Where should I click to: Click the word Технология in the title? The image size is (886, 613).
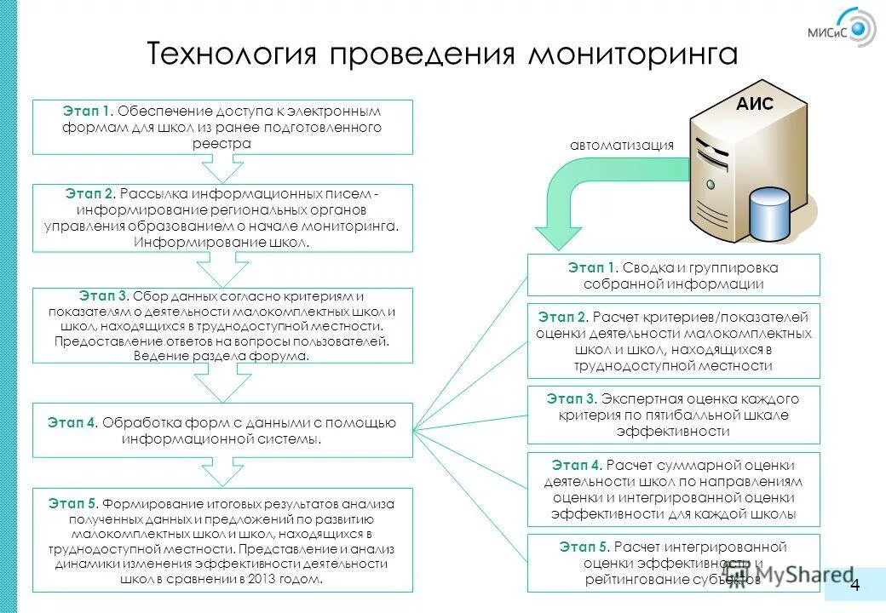click(x=232, y=54)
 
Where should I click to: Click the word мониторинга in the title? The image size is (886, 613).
click(x=632, y=54)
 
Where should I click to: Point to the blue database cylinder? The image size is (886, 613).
click(x=770, y=215)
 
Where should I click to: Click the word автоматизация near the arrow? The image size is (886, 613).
click(x=622, y=146)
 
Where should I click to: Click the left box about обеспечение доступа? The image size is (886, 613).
click(x=222, y=127)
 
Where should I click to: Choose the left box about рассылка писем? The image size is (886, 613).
click(x=222, y=218)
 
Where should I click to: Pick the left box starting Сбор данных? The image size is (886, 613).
click(x=222, y=325)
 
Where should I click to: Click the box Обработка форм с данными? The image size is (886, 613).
click(x=222, y=430)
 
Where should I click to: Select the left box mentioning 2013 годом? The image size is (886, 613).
click(x=222, y=540)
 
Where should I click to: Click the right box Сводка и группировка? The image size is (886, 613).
click(x=673, y=275)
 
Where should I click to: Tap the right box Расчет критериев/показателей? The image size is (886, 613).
click(x=673, y=341)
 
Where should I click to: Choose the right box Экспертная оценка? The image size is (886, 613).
click(x=673, y=415)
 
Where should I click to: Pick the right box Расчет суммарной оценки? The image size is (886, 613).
click(x=673, y=490)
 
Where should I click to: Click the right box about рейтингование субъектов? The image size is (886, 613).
click(x=673, y=563)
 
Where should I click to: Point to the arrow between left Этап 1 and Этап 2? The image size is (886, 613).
click(x=222, y=169)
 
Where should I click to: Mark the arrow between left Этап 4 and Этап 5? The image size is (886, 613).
click(x=222, y=472)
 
